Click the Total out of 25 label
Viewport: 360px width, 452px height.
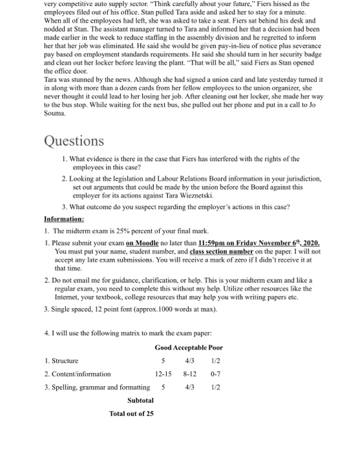point(132,413)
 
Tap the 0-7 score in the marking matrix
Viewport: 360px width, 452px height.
point(215,373)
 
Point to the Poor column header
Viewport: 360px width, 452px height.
point(216,347)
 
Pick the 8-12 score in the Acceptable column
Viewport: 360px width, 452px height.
point(190,373)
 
